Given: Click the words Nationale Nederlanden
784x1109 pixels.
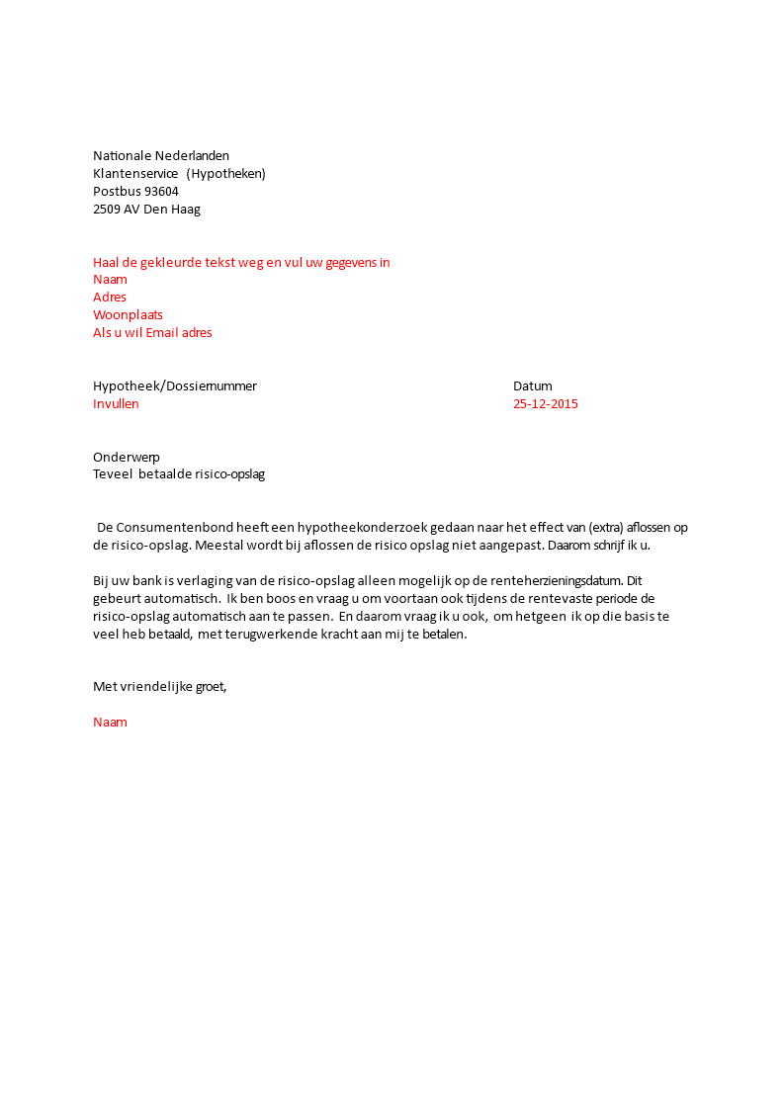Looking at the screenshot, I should pos(161,155).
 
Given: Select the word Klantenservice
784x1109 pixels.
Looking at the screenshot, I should pos(135,174).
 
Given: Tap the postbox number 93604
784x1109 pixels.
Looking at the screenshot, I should pos(161,192).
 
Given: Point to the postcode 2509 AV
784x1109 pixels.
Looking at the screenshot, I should pos(116,210).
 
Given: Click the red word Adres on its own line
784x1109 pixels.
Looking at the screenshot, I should pos(110,297).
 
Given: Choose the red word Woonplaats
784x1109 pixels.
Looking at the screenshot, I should pos(128,314).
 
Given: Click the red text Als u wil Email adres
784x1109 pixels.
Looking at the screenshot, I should pos(152,332).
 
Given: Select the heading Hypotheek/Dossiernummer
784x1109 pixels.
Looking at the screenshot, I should pos(175,385).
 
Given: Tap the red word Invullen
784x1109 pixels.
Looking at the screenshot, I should pos(116,403).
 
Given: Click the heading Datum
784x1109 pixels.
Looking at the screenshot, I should pos(533,385).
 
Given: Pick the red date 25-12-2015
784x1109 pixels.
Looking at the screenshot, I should pos(546,403).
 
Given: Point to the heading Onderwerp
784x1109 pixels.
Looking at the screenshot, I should pos(127,457).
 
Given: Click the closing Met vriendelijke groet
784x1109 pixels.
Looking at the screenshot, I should pos(159,686).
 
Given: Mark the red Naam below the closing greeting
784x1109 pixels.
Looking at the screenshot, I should pos(110,722).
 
